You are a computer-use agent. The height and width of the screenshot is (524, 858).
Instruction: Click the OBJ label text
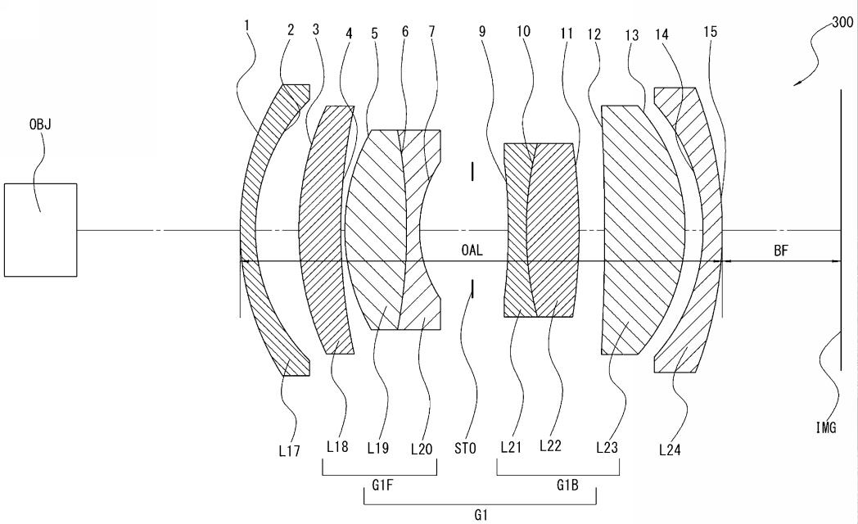(x=40, y=124)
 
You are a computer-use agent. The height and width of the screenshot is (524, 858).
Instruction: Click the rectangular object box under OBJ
(x=40, y=230)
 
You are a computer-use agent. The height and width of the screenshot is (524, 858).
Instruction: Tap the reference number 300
(x=842, y=22)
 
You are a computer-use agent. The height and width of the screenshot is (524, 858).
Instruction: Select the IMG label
(x=826, y=427)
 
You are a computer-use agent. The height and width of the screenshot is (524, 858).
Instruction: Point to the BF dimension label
(x=781, y=251)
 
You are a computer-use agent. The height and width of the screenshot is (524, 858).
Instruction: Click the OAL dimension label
(x=472, y=251)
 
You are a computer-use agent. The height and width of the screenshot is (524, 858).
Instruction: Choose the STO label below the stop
(x=465, y=449)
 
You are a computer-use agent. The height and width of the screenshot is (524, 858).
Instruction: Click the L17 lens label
(x=289, y=450)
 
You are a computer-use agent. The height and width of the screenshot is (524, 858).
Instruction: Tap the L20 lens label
(x=422, y=449)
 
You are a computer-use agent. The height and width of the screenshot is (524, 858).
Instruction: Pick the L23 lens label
(x=607, y=447)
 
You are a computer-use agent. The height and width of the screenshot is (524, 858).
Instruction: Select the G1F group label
(x=382, y=485)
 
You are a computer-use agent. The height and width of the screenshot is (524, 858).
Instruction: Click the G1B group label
(x=567, y=485)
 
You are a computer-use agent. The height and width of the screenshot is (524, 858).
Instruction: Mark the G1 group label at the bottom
(x=481, y=515)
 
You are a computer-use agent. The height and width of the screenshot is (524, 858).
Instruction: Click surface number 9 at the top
(x=482, y=32)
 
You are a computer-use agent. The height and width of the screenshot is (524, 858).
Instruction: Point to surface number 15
(x=711, y=32)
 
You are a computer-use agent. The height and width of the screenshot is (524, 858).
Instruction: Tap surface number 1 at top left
(x=247, y=25)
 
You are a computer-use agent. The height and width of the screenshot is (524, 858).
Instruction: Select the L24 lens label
(x=670, y=450)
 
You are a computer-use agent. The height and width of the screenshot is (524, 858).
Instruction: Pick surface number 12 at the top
(x=594, y=34)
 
